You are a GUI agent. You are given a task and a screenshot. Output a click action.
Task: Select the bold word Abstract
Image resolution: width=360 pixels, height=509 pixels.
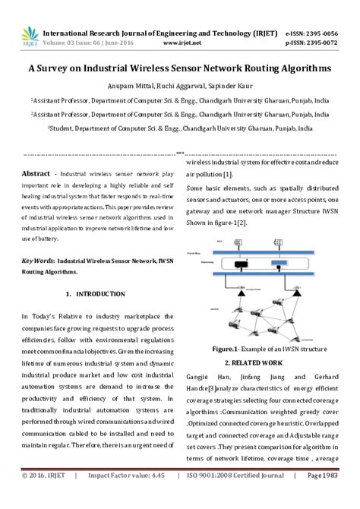[36, 173]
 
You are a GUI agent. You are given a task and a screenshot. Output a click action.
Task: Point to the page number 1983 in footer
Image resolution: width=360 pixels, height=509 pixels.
[335, 497]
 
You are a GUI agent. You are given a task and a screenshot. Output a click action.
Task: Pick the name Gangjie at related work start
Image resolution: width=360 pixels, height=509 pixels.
[199, 376]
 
